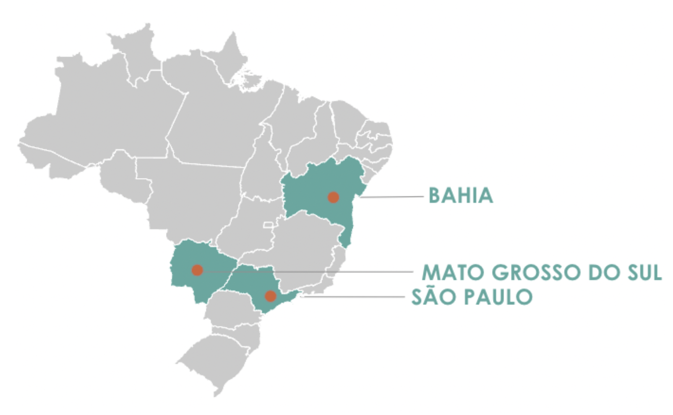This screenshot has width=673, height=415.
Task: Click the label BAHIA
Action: coord(460,196)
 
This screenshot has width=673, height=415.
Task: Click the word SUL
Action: coord(643,272)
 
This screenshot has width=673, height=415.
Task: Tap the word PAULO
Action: coord(498,297)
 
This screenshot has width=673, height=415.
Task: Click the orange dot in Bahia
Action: coord(333,197)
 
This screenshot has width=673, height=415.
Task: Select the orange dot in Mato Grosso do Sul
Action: coord(197,270)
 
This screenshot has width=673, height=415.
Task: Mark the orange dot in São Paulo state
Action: coord(271,296)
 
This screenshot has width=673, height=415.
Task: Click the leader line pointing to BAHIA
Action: coord(392,197)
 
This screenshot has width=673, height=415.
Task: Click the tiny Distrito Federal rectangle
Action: coord(268,225)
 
